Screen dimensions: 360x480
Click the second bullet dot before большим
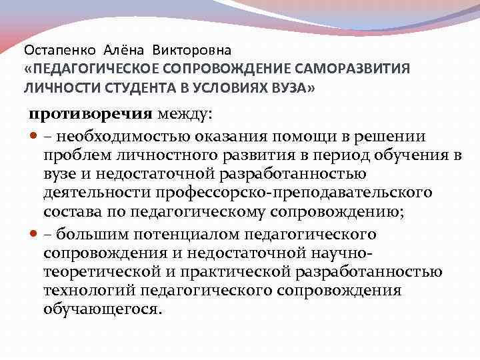pyautogui.click(x=34, y=234)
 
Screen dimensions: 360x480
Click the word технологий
pyautogui.click(x=81, y=292)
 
